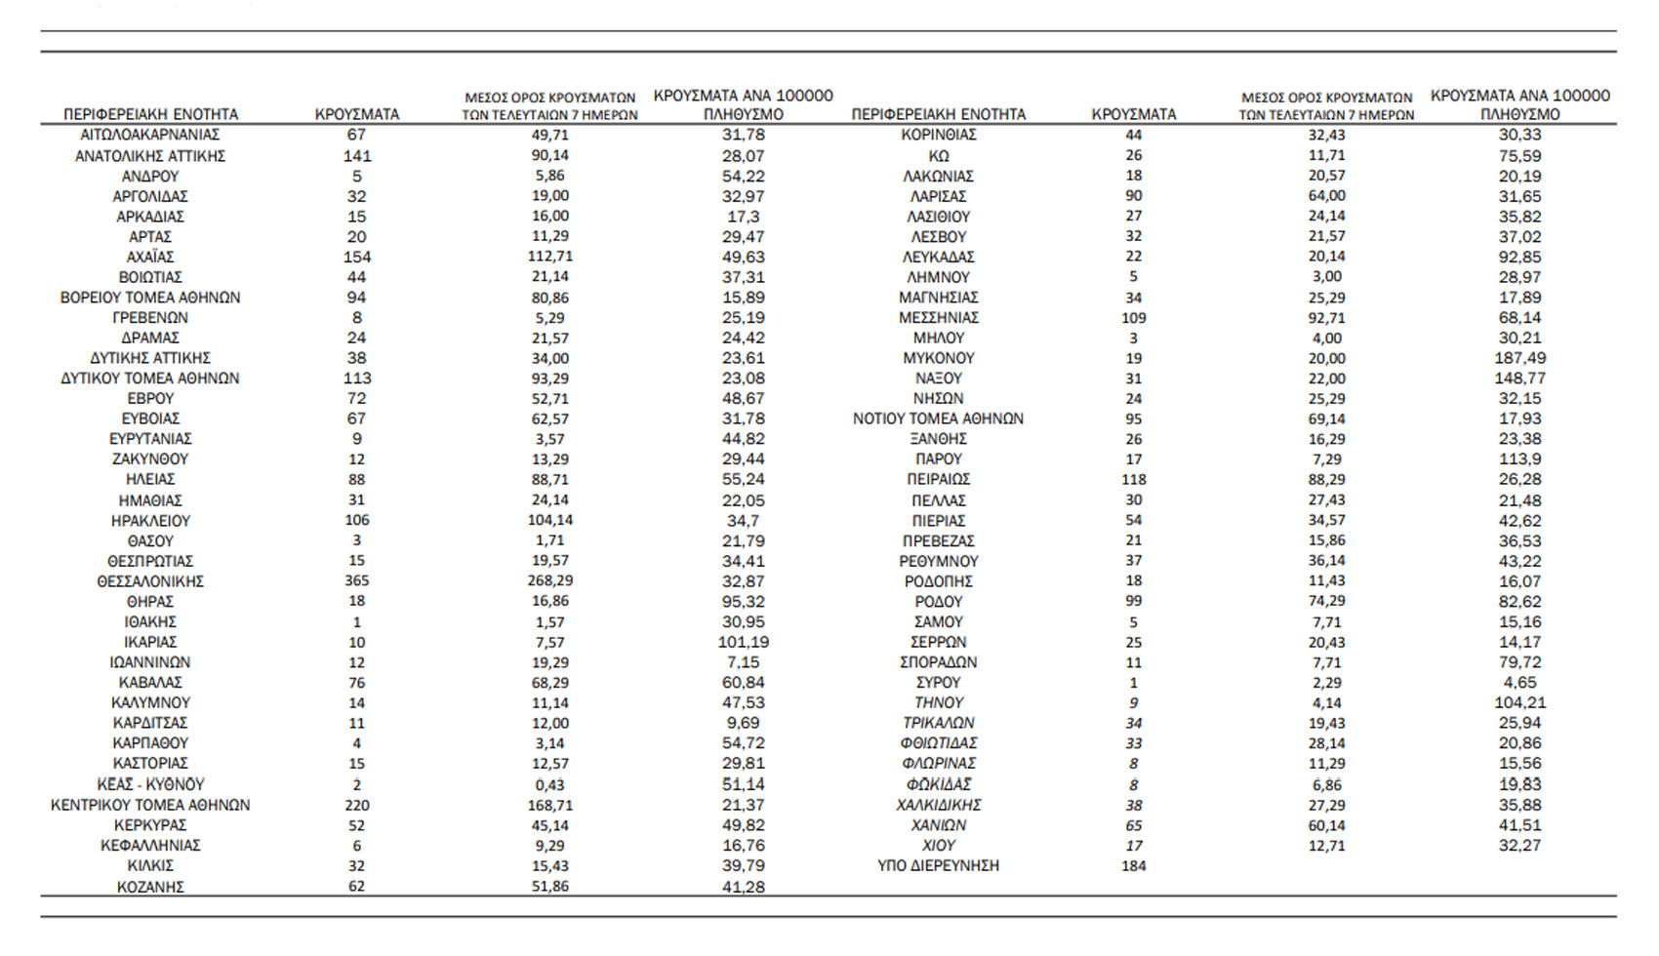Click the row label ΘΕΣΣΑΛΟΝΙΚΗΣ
(x=150, y=581)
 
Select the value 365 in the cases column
(x=356, y=580)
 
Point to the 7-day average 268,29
(x=549, y=580)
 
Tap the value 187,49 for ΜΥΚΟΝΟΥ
(x=1519, y=358)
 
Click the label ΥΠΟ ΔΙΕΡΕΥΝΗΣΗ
(x=938, y=865)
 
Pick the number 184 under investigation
(x=1133, y=865)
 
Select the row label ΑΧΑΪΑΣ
(x=150, y=257)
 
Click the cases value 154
(x=356, y=257)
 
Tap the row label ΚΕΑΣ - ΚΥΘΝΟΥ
(x=150, y=784)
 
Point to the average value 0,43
(x=549, y=784)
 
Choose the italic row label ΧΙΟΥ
(x=938, y=846)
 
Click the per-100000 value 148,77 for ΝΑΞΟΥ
(x=1519, y=378)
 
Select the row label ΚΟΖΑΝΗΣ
(x=150, y=887)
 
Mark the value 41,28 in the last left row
(x=743, y=887)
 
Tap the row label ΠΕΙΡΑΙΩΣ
(x=938, y=480)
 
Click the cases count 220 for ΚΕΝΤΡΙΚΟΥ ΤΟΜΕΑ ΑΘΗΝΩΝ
(x=356, y=805)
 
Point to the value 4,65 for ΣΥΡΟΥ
(x=1519, y=683)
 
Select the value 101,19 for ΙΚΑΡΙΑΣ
(x=743, y=642)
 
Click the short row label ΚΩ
(x=938, y=156)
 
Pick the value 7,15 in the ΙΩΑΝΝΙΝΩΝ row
(x=743, y=662)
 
